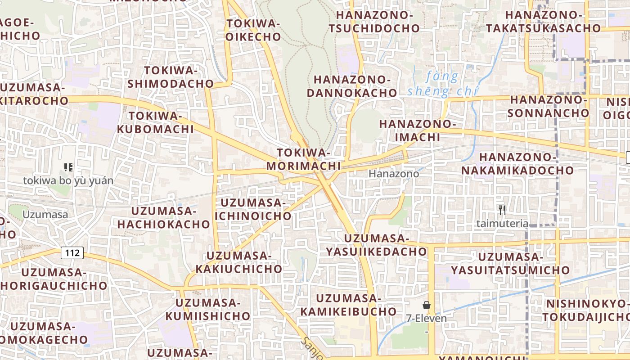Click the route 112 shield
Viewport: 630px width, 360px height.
coord(72,253)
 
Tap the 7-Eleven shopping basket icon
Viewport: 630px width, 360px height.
coord(427,306)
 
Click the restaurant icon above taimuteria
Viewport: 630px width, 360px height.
coord(502,210)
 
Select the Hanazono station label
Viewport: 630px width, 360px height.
coord(394,174)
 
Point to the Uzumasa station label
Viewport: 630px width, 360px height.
coord(45,215)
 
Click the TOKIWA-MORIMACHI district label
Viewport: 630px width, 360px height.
coord(303,159)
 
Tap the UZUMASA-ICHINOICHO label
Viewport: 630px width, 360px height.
coord(253,209)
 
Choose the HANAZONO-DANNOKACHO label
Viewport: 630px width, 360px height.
coord(355,86)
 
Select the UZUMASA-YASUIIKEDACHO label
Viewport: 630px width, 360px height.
coord(376,245)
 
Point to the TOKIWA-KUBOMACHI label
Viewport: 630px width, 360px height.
coord(155,122)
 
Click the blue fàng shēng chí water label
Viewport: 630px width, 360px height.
coord(443,85)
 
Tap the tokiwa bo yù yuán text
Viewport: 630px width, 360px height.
coord(68,181)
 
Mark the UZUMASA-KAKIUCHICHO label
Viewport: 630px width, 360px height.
coord(239,262)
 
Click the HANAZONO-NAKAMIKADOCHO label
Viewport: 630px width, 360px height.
coord(517,164)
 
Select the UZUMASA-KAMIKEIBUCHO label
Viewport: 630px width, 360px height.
coord(349,305)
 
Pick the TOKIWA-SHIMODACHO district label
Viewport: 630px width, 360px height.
coord(171,77)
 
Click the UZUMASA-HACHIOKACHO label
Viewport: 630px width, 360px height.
coord(164,217)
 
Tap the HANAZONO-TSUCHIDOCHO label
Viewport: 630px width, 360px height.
coord(374,21)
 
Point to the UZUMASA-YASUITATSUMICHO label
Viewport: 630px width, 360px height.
coord(510,263)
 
